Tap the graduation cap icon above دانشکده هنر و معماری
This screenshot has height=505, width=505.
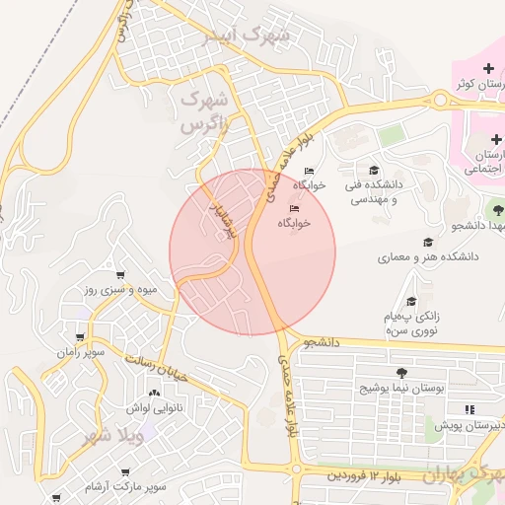428,242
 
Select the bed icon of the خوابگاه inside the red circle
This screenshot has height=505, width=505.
294,207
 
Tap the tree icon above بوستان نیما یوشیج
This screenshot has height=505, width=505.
400,373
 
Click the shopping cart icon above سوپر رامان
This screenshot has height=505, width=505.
80,336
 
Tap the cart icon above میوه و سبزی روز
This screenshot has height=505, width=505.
120,275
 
